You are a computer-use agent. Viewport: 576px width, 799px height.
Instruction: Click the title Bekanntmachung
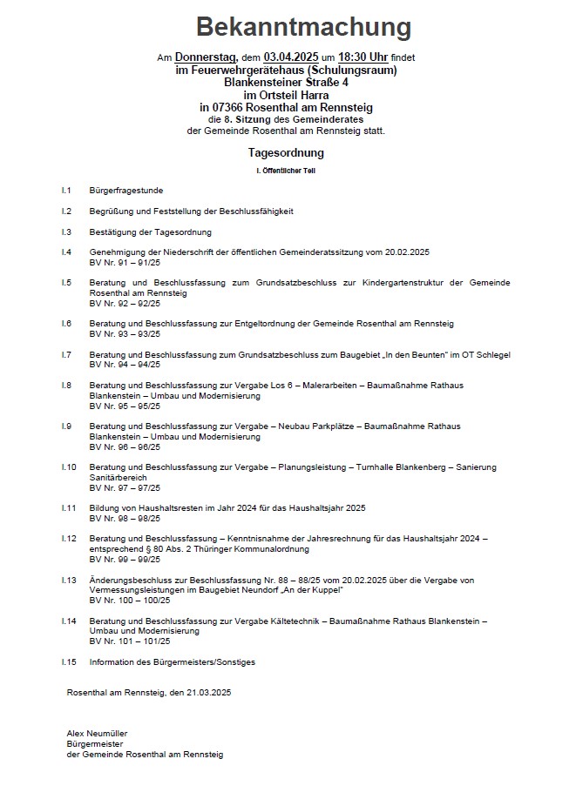pos(302,27)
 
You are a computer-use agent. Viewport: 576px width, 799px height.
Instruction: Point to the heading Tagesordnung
pos(286,153)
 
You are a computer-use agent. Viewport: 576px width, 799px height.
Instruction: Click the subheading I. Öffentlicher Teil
pos(286,171)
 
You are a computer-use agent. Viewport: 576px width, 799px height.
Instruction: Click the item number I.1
pos(66,190)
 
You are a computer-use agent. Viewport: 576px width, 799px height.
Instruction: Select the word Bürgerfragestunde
pos(125,190)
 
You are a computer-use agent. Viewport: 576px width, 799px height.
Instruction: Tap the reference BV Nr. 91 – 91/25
pos(125,262)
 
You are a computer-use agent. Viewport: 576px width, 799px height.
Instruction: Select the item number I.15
pos(69,662)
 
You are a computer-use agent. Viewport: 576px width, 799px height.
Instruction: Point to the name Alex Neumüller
pos(97,734)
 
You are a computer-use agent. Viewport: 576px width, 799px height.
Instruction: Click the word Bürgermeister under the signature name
pos(94,744)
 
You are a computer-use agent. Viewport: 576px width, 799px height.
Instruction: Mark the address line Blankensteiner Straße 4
pos(285,82)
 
